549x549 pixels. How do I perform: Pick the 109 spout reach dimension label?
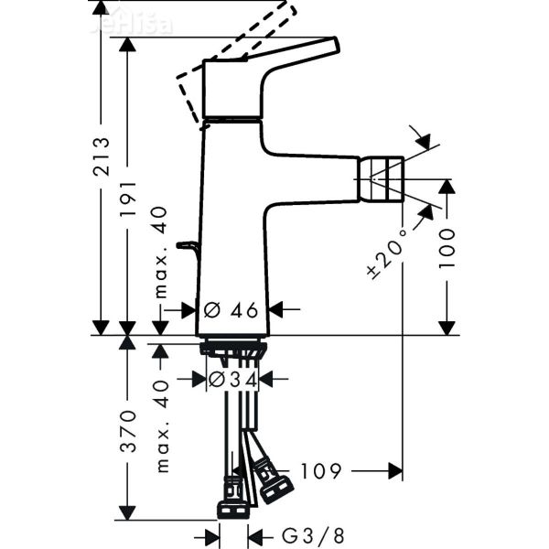point(320,471)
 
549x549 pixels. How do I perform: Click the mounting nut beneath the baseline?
point(233,348)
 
